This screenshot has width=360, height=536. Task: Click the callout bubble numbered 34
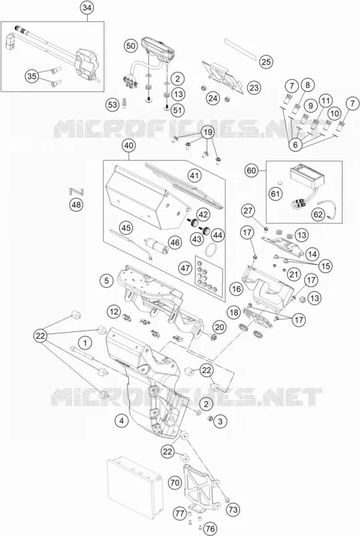pyautogui.click(x=87, y=9)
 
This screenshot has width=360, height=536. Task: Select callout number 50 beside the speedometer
pyautogui.click(x=131, y=46)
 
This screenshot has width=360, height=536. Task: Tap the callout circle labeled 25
pyautogui.click(x=266, y=62)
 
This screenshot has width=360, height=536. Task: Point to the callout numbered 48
pyautogui.click(x=76, y=205)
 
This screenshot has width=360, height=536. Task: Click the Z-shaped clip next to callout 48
pyautogui.click(x=77, y=191)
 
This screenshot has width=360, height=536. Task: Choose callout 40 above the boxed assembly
pyautogui.click(x=129, y=146)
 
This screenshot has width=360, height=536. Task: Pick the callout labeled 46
pyautogui.click(x=175, y=243)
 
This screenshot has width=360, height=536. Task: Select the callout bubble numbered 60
pyautogui.click(x=251, y=170)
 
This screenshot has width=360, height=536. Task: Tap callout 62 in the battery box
pyautogui.click(x=318, y=215)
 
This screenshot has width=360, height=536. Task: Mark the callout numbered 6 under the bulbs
pyautogui.click(x=296, y=145)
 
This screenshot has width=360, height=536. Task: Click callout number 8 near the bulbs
pyautogui.click(x=308, y=85)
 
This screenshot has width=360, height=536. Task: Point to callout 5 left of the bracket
pyautogui.click(x=107, y=280)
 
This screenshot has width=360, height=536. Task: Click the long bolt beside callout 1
pyautogui.click(x=84, y=353)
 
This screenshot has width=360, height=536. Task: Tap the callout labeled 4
pyautogui.click(x=121, y=421)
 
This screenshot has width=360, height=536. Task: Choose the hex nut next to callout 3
pyautogui.click(x=211, y=418)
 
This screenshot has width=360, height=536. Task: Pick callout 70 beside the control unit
pyautogui.click(x=174, y=483)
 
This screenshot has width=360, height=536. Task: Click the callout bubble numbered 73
pyautogui.click(x=233, y=510)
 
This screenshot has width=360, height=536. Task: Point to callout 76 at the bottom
pyautogui.click(x=211, y=529)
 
